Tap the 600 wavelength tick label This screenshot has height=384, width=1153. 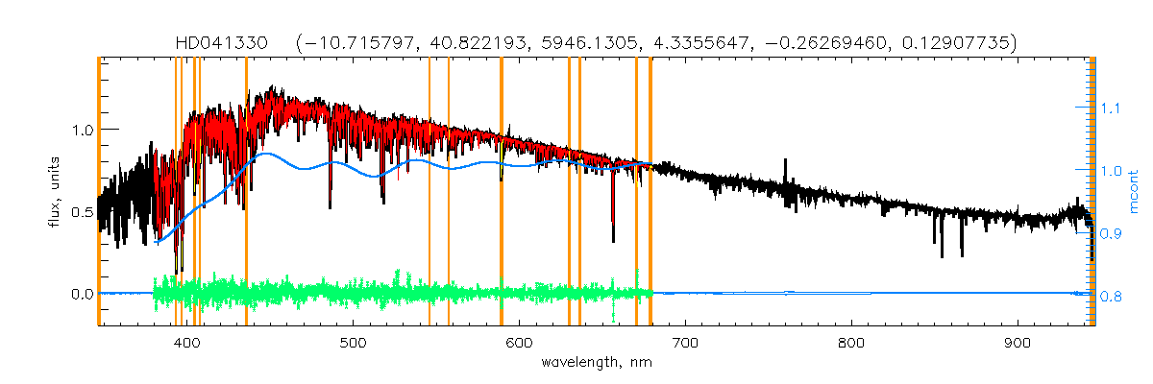520,344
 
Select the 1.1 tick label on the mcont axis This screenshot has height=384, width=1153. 1111,108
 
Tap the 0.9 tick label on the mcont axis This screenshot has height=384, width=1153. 1111,234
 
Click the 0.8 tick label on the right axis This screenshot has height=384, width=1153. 1111,298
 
